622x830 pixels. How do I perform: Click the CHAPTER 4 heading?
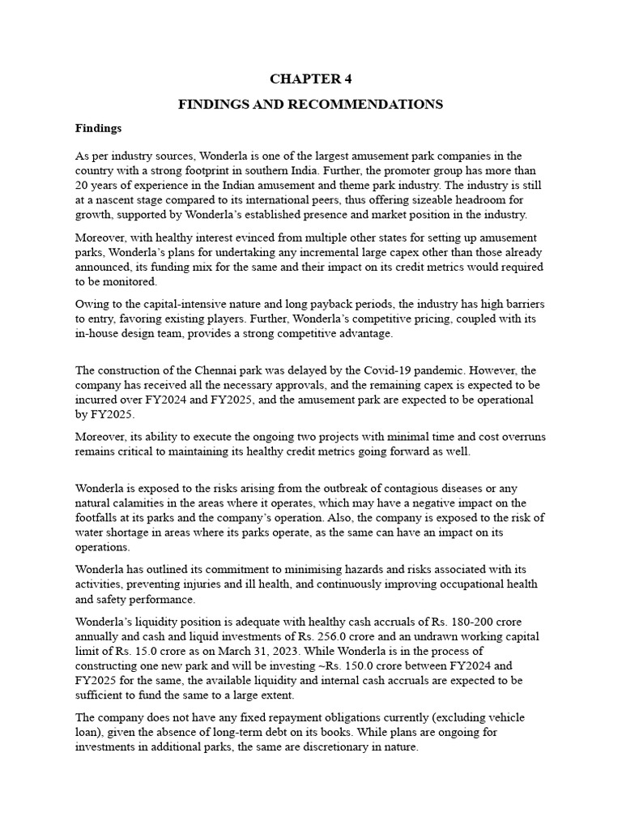pyautogui.click(x=311, y=79)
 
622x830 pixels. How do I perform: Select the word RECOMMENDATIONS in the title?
pyautogui.click(x=374, y=105)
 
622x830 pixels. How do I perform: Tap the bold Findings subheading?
pyautogui.click(x=98, y=128)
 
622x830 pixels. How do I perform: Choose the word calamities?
pyautogui.click(x=130, y=503)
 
